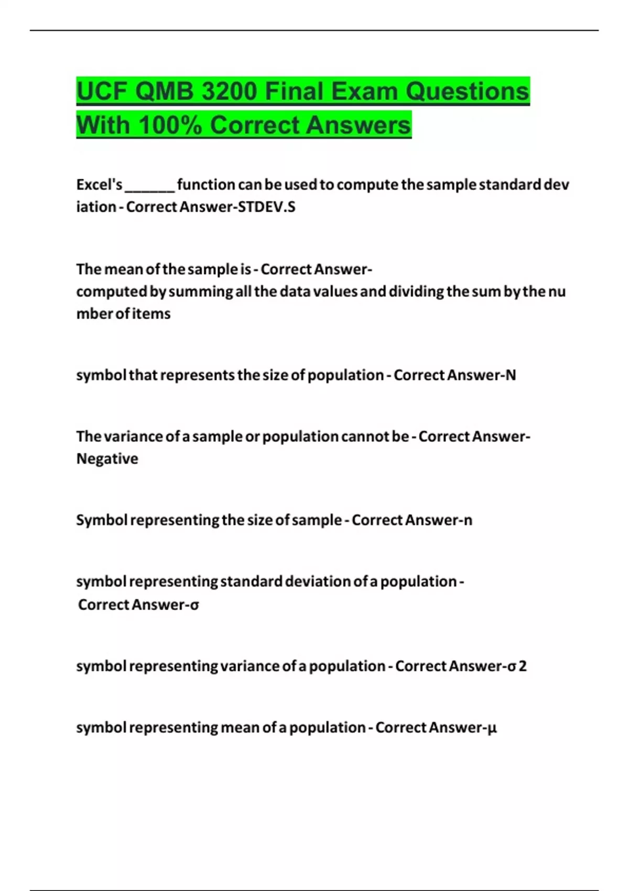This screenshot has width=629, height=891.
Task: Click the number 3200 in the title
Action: coord(229,92)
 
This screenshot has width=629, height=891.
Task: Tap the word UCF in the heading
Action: coord(102,92)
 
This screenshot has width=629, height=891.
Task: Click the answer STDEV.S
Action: coord(267,207)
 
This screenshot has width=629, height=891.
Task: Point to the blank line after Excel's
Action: coord(149,186)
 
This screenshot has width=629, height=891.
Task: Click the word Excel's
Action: coord(99,184)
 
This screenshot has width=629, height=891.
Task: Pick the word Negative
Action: coord(107,459)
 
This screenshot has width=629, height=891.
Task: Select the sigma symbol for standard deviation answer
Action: coord(194,605)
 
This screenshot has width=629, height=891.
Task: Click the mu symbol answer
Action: coord(492,728)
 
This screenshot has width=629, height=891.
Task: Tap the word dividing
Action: coord(416,291)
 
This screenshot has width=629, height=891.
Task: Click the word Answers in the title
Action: coord(363,125)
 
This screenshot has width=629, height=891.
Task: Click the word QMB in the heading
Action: coord(165,92)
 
